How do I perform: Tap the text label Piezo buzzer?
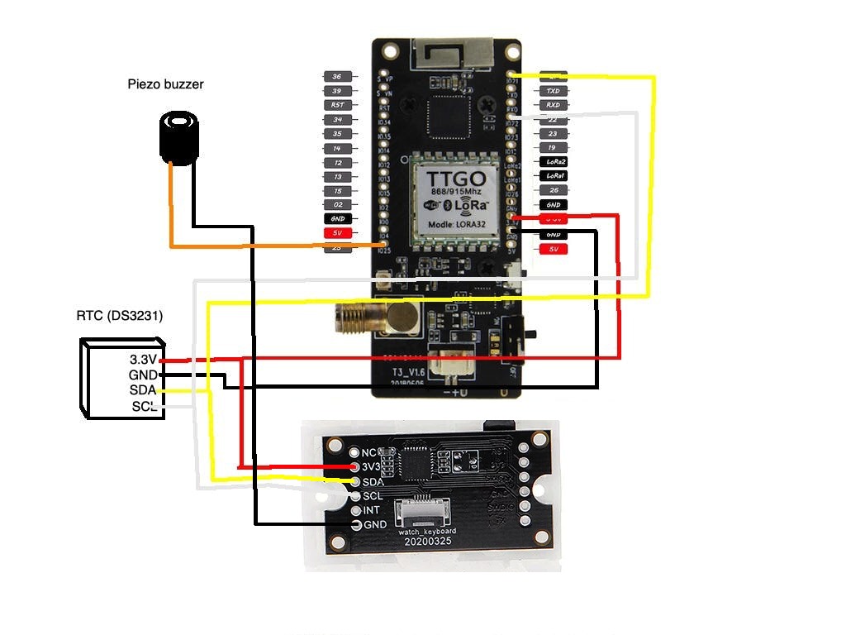[x=165, y=84]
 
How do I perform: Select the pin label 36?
[x=337, y=76]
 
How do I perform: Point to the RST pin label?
[x=337, y=105]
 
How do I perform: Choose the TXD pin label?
[x=553, y=91]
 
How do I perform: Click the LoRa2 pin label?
[x=553, y=161]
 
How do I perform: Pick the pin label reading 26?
[x=553, y=190]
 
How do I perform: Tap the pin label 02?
[x=337, y=204]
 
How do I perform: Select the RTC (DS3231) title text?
[x=120, y=316]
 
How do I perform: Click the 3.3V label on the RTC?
[x=143, y=360]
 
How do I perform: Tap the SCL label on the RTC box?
[x=144, y=406]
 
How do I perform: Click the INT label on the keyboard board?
[x=372, y=510]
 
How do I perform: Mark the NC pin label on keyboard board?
[x=369, y=452]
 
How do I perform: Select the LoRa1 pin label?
[x=553, y=176]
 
